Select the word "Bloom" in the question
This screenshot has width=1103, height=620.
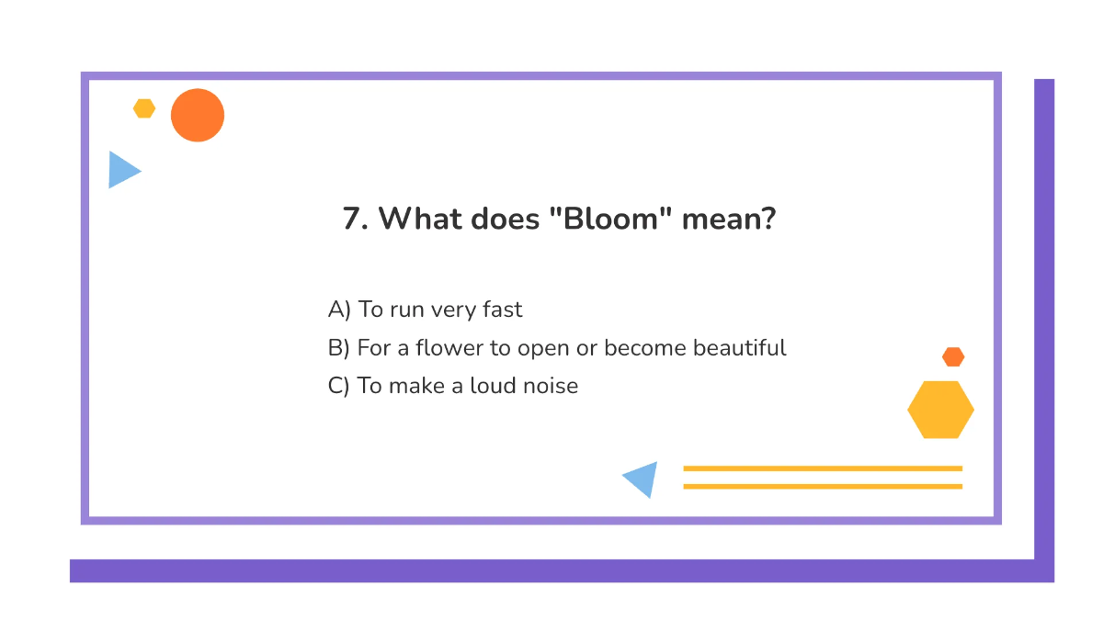615,220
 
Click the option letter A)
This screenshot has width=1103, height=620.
339,310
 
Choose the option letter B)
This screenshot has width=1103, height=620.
339,349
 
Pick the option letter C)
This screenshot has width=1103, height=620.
339,386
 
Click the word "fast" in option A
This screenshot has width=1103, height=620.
502,310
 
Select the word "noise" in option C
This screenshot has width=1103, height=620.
550,386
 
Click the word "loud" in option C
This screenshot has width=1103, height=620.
492,386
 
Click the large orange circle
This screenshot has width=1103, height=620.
198,115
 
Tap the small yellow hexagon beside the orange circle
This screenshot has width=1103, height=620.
144,108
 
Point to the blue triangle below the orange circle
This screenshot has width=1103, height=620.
121,170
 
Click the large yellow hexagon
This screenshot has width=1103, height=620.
940,410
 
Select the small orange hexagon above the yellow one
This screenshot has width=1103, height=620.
953,356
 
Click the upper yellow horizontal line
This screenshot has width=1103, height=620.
823,468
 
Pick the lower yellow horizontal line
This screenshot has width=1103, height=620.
823,486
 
